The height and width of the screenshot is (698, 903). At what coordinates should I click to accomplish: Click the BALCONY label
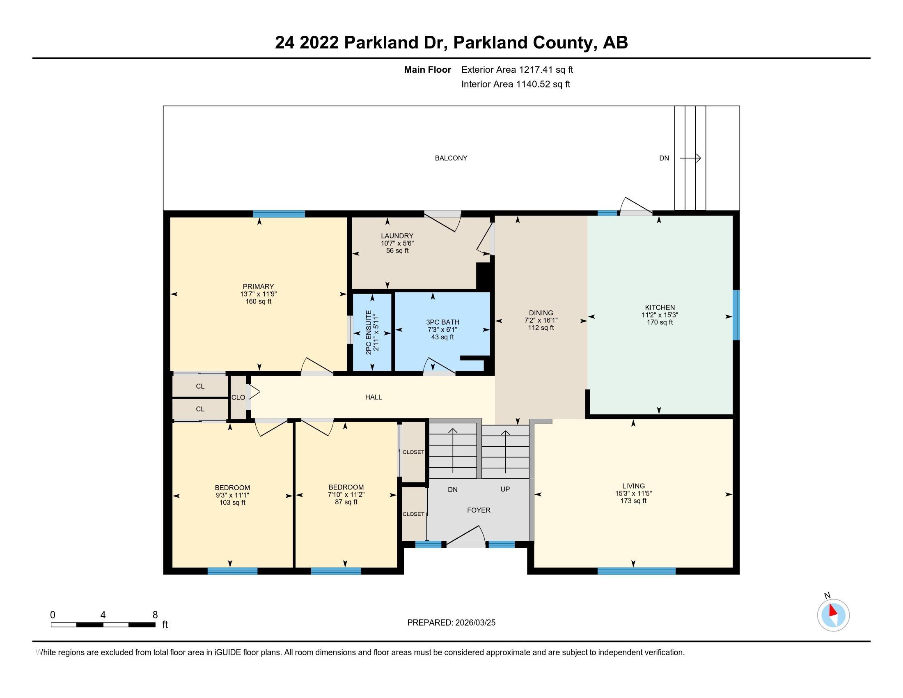[x=451, y=158]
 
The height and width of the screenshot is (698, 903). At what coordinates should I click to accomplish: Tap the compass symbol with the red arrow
[x=833, y=615]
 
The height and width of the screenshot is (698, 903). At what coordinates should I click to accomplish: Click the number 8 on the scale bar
[x=155, y=615]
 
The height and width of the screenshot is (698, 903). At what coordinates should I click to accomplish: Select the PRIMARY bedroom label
[x=258, y=287]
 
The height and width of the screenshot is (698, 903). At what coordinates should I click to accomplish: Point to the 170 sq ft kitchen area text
[x=660, y=322]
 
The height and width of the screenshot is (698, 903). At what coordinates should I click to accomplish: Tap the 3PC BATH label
[x=442, y=322]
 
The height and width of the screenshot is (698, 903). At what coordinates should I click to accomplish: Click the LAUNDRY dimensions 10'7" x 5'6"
[x=397, y=243]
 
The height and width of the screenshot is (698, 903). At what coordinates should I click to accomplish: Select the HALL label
[x=374, y=397]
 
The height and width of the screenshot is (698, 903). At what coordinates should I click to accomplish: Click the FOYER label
[x=478, y=510]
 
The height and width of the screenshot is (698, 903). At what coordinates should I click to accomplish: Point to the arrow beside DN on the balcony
[x=690, y=158]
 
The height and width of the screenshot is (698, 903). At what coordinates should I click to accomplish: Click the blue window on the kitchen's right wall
[x=736, y=315]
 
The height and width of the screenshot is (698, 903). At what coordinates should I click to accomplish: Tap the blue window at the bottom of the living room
[x=636, y=571]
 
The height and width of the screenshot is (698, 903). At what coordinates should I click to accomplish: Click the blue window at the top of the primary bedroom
[x=279, y=214]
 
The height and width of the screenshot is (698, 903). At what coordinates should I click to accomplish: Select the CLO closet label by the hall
[x=238, y=397]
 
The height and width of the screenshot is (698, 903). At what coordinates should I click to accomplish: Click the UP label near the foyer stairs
[x=505, y=489]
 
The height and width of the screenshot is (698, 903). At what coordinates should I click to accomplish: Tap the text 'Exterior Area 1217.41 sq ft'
[x=517, y=70]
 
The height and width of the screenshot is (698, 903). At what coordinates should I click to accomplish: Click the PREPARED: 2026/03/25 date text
[x=451, y=623]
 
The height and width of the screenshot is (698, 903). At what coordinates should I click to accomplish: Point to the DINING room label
[x=541, y=313]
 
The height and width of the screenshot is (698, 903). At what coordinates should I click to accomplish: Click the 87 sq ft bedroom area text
[x=346, y=502]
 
